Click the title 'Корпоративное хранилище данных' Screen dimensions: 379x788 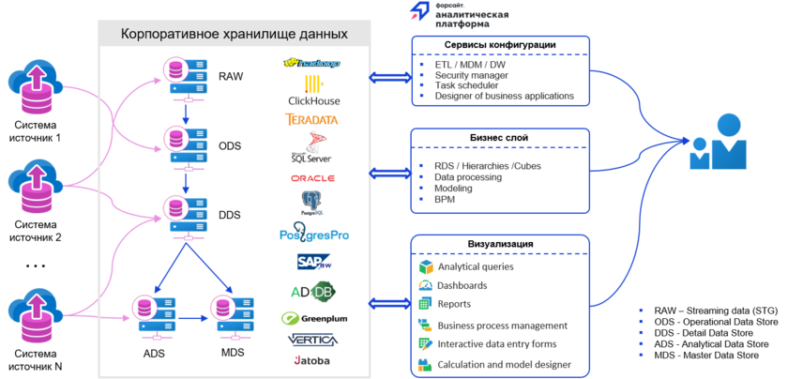tap(235, 35)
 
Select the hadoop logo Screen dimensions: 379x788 tap(311, 63)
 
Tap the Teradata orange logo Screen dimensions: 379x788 tap(311, 119)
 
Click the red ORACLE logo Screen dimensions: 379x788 tap(312, 176)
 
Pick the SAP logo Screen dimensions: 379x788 tap(313, 261)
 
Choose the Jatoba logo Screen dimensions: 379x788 tap(311, 359)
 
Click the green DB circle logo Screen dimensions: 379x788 tap(322, 291)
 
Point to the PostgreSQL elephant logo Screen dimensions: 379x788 tap(312, 200)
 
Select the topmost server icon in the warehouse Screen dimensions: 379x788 tap(187, 74)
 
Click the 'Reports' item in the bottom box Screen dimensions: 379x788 tap(453, 305)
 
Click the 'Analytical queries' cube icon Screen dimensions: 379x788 tap(424, 266)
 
